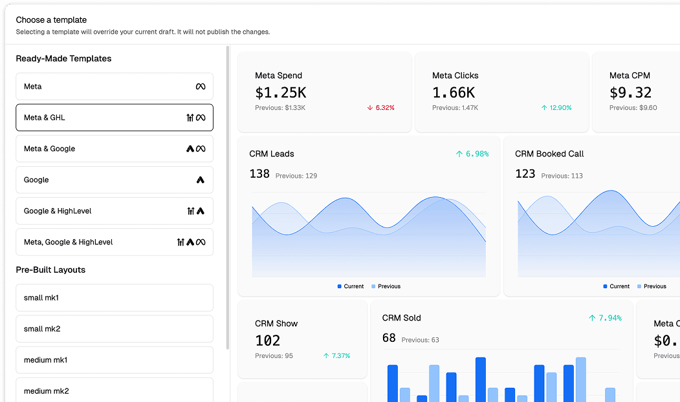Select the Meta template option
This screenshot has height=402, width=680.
115,87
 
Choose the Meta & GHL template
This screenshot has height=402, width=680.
115,118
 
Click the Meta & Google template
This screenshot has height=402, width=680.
115,149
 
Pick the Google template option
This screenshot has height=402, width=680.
115,180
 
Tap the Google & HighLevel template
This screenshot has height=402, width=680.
115,211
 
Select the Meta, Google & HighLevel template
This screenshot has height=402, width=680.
115,242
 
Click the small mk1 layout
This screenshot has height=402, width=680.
115,298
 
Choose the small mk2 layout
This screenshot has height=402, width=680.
115,329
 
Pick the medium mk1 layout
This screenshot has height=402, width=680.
115,360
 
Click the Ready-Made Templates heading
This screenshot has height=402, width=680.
63,59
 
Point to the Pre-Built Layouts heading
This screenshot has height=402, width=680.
50,270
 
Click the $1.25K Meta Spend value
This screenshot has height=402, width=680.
281,92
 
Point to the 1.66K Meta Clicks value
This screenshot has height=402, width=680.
454,92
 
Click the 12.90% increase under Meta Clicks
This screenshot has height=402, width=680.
556,108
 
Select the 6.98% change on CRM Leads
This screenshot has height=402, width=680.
472,154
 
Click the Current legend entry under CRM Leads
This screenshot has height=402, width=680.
351,286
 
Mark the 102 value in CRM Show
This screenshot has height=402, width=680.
268,341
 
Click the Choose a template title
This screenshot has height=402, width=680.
51,20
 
